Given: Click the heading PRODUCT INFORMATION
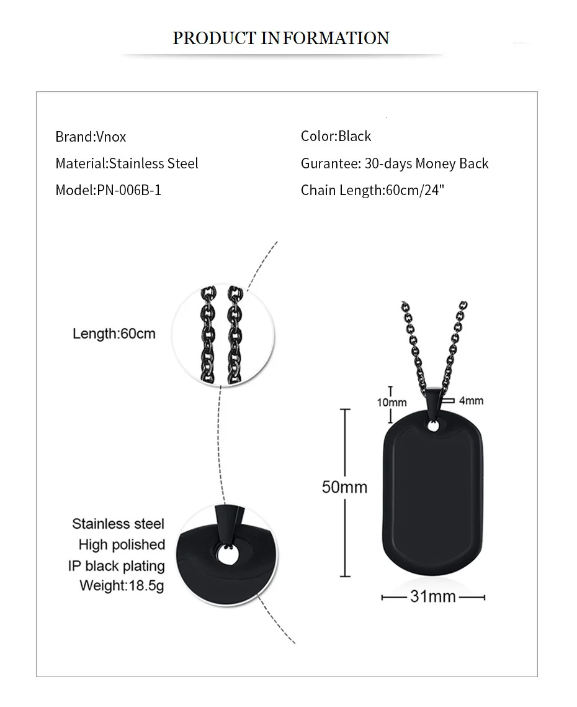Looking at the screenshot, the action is point(280,38).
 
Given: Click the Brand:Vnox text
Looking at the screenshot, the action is point(91,137).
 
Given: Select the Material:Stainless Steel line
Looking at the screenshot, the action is point(127,163).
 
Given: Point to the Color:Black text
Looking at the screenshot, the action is point(336,136).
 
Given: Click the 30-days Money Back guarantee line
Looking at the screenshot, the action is point(395,163).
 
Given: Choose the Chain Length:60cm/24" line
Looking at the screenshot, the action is point(372,190).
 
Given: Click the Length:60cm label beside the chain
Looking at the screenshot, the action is point(114,334).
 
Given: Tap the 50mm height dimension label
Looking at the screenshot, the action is point(344,486).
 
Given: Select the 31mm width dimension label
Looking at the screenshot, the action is point(433,597).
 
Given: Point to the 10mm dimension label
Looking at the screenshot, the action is point(391,403).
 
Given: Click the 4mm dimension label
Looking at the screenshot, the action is point(471,401).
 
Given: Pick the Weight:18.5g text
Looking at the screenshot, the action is point(122,585).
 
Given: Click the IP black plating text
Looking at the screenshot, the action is point(117,566).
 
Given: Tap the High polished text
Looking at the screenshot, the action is point(122,545).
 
